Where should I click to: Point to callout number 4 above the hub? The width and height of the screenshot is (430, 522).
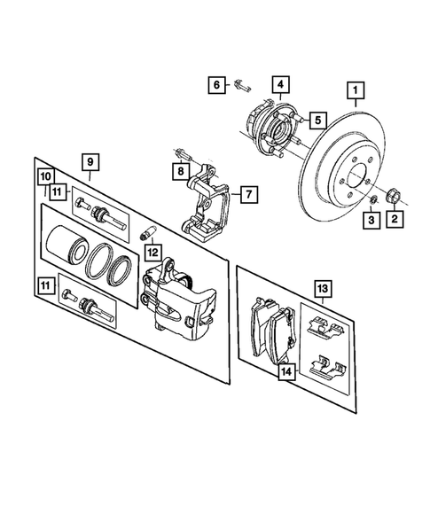[278, 86]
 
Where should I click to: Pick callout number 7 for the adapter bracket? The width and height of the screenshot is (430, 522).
[248, 193]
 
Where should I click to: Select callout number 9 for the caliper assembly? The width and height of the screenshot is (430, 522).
[90, 161]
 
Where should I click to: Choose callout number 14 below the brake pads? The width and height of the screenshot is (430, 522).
[286, 373]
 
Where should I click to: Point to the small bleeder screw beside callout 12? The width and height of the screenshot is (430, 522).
[148, 234]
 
